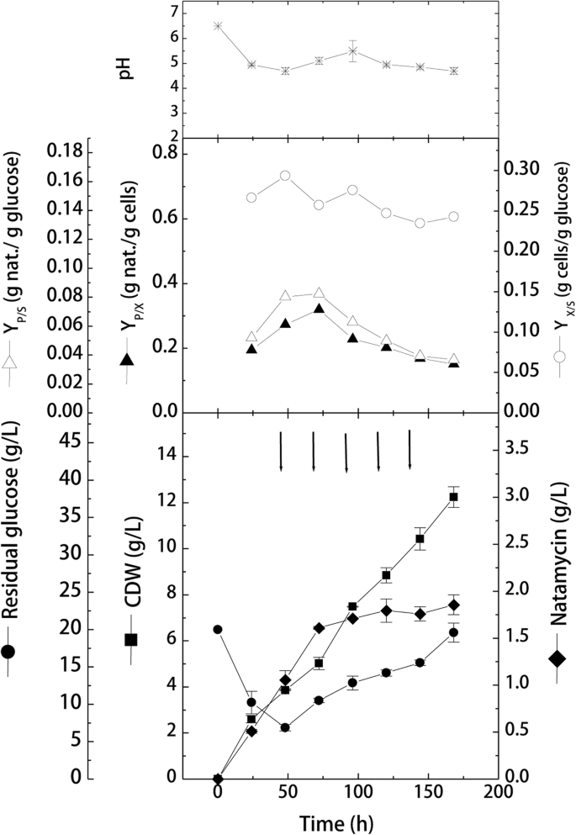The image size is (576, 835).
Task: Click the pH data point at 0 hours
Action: pyautogui.click(x=218, y=25)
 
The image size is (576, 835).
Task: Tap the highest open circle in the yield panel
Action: pyautogui.click(x=285, y=176)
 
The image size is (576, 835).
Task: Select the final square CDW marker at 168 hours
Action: pyautogui.click(x=453, y=497)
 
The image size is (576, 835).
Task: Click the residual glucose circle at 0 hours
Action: pyautogui.click(x=218, y=629)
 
